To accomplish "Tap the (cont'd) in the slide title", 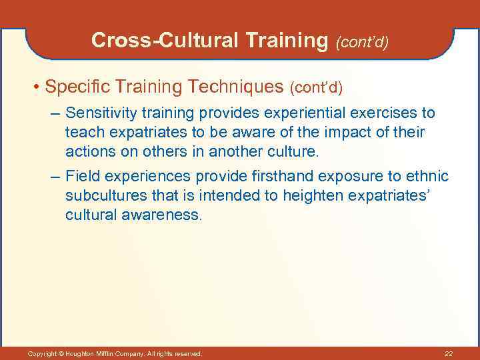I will click(362, 43).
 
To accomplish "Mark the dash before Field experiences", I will click(55, 177).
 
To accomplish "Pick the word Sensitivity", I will click(99, 113).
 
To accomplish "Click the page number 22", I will click(448, 353).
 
